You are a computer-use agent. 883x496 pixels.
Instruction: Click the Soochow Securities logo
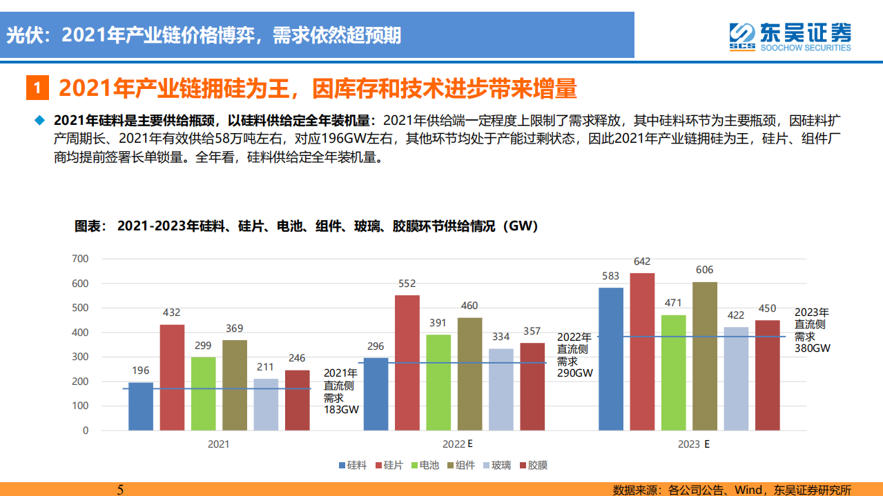[x=790, y=35]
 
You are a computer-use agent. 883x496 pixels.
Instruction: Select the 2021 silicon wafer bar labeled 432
[x=172, y=377]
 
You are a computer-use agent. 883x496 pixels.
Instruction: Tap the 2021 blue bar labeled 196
[x=141, y=406]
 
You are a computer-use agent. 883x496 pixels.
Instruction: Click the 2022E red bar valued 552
[x=407, y=363]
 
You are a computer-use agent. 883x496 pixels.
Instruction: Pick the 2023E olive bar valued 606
[x=705, y=356]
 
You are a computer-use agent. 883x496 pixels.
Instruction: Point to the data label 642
[x=642, y=261]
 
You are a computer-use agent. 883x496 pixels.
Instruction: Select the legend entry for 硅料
[x=351, y=465]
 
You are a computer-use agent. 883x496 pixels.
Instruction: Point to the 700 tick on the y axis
[x=80, y=259]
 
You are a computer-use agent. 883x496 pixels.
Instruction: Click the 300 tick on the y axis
[x=80, y=357]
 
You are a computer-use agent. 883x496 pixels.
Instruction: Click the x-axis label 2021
[x=219, y=444]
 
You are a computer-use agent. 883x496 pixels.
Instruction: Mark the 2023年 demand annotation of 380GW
[x=812, y=330]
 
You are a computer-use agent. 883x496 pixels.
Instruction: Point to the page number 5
[x=120, y=489]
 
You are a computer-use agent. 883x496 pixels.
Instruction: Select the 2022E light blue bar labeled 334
[x=501, y=389]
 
